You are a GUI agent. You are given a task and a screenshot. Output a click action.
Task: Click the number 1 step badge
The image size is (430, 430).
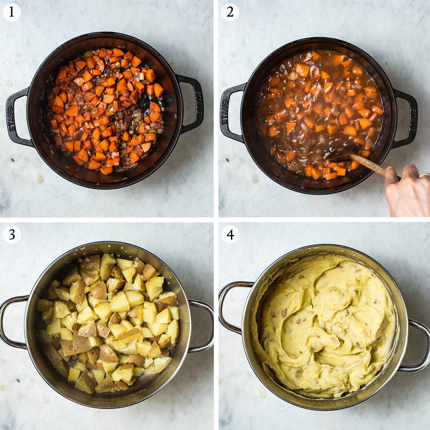(11, 12)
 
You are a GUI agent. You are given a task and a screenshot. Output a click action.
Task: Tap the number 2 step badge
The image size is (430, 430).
(230, 12)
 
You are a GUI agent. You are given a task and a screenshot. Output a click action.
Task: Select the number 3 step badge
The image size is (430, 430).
(12, 234)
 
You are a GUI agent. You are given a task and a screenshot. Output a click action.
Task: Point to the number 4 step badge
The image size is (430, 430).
(230, 234)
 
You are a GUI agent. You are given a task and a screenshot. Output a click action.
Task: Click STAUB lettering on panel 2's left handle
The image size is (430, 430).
(225, 112)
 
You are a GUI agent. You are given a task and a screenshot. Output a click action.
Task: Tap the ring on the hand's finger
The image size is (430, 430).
(425, 176)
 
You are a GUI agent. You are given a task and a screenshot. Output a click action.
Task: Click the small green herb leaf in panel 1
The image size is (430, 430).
(13, 160)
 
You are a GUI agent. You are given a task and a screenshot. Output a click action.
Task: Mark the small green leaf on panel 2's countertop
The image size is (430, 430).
(227, 160)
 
